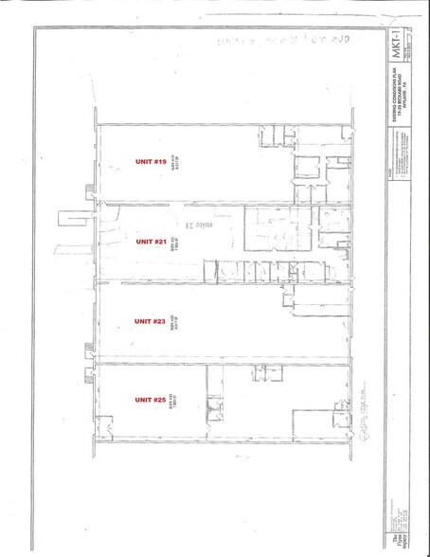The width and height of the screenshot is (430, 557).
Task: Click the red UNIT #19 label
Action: tap(152, 163)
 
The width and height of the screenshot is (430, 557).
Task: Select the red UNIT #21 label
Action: tap(152, 242)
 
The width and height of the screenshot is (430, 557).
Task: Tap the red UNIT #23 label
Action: tap(151, 321)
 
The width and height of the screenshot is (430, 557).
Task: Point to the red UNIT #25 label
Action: tap(151, 400)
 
